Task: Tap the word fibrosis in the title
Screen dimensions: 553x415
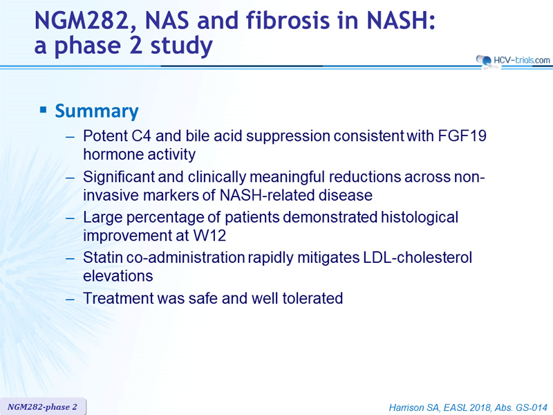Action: point(288,20)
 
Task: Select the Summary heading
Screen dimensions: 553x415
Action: point(97,111)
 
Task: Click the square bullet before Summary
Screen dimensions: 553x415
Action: point(43,110)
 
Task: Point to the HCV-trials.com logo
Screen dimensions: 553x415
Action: point(513,60)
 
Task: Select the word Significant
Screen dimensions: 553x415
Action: point(118,177)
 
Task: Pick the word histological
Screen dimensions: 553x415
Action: point(420,218)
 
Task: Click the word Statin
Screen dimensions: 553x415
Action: point(102,257)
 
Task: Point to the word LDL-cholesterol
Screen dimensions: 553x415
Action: point(418,257)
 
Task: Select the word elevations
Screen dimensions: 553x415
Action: point(118,276)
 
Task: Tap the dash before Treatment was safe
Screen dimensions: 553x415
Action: point(71,299)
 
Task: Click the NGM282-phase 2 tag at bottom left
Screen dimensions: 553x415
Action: point(43,407)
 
